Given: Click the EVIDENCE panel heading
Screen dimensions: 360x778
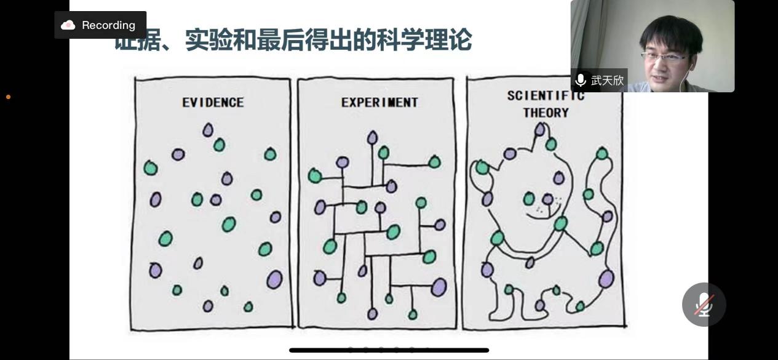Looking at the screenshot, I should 213,102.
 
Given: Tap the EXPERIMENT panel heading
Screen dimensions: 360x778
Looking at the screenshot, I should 379,102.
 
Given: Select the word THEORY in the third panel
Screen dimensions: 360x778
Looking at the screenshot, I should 546,113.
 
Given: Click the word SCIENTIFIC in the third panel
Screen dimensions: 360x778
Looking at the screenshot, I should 545,96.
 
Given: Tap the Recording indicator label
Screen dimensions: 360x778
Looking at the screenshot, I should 108,25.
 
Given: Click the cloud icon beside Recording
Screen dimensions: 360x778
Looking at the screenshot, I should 68,25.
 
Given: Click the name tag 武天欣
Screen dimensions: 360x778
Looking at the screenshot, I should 607,80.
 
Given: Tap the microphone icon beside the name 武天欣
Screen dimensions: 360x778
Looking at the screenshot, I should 580,80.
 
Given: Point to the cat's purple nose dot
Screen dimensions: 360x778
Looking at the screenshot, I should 547,199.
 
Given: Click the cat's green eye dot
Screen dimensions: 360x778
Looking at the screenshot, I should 529,198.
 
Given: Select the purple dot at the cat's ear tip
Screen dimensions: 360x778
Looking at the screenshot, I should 540,129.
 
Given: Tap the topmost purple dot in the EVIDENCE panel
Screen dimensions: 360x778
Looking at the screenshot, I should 208,130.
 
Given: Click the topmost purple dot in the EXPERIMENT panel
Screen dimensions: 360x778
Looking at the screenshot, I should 372,138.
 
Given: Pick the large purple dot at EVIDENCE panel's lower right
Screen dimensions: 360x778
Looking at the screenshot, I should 274,279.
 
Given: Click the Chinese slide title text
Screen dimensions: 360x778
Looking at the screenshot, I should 293,41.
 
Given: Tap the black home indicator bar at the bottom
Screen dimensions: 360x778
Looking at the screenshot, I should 389,350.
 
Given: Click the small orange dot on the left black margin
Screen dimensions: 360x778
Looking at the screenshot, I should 8,97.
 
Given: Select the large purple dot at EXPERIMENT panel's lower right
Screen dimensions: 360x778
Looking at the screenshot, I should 439,287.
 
